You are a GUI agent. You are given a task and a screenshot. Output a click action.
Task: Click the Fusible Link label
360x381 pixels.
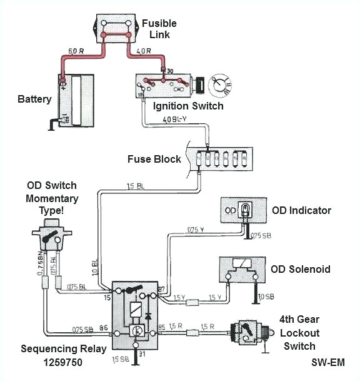pos(159,28)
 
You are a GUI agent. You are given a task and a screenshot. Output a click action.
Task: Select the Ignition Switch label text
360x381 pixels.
pos(187,106)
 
